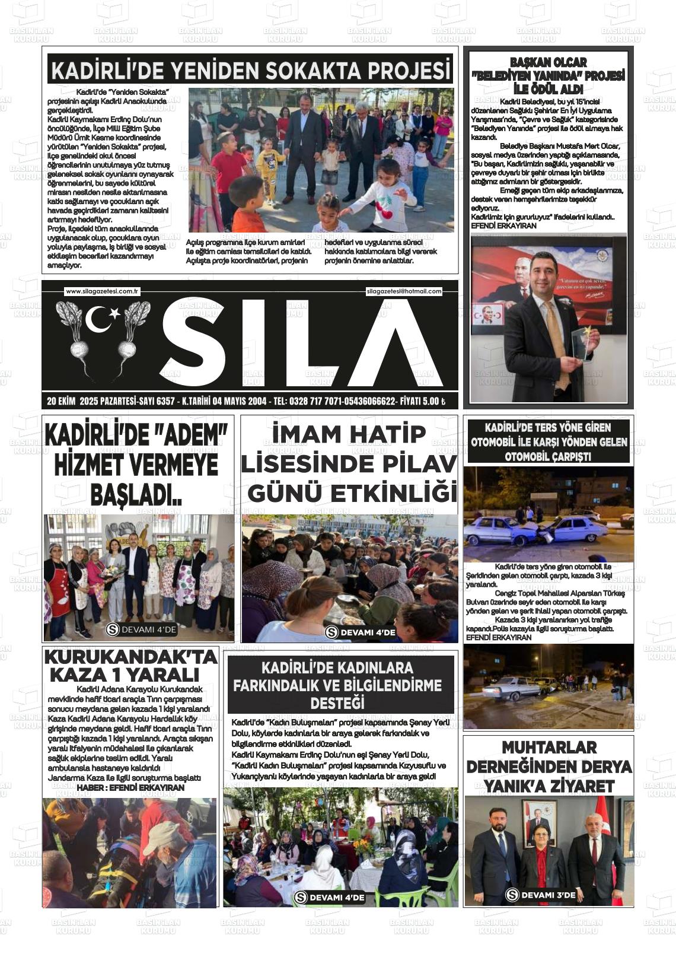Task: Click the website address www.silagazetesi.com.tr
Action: click(102, 291)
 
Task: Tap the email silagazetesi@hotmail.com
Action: click(404, 291)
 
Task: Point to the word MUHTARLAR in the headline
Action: click(549, 747)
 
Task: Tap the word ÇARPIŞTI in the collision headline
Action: click(548, 457)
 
